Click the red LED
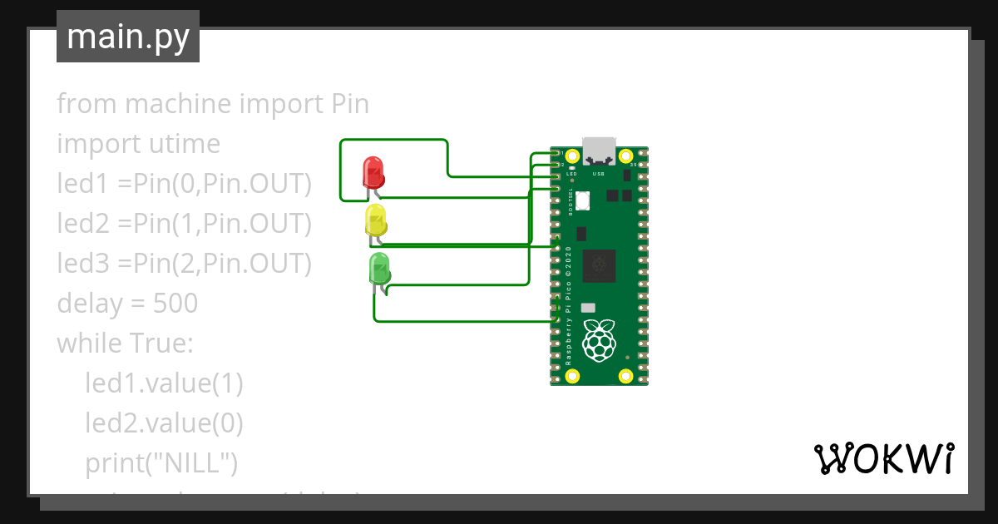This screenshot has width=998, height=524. [373, 173]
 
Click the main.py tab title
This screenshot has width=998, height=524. [128, 37]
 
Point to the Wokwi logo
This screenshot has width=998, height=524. [883, 458]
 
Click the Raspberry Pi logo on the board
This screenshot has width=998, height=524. [599, 339]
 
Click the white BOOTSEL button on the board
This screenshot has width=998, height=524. [582, 200]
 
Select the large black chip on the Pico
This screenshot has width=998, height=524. [599, 265]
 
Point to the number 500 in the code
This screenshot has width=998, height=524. [175, 304]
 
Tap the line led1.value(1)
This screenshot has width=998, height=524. [164, 383]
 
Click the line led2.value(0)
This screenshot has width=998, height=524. [164, 423]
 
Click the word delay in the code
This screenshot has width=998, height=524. [89, 304]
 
